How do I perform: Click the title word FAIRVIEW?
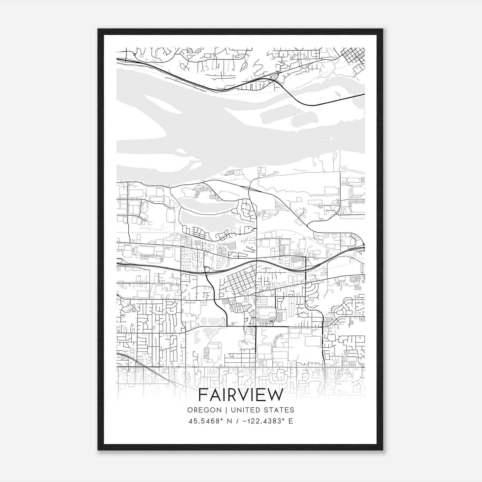point(241,395)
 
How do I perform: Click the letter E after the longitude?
point(291,421)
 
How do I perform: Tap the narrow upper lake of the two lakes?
point(205,202)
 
